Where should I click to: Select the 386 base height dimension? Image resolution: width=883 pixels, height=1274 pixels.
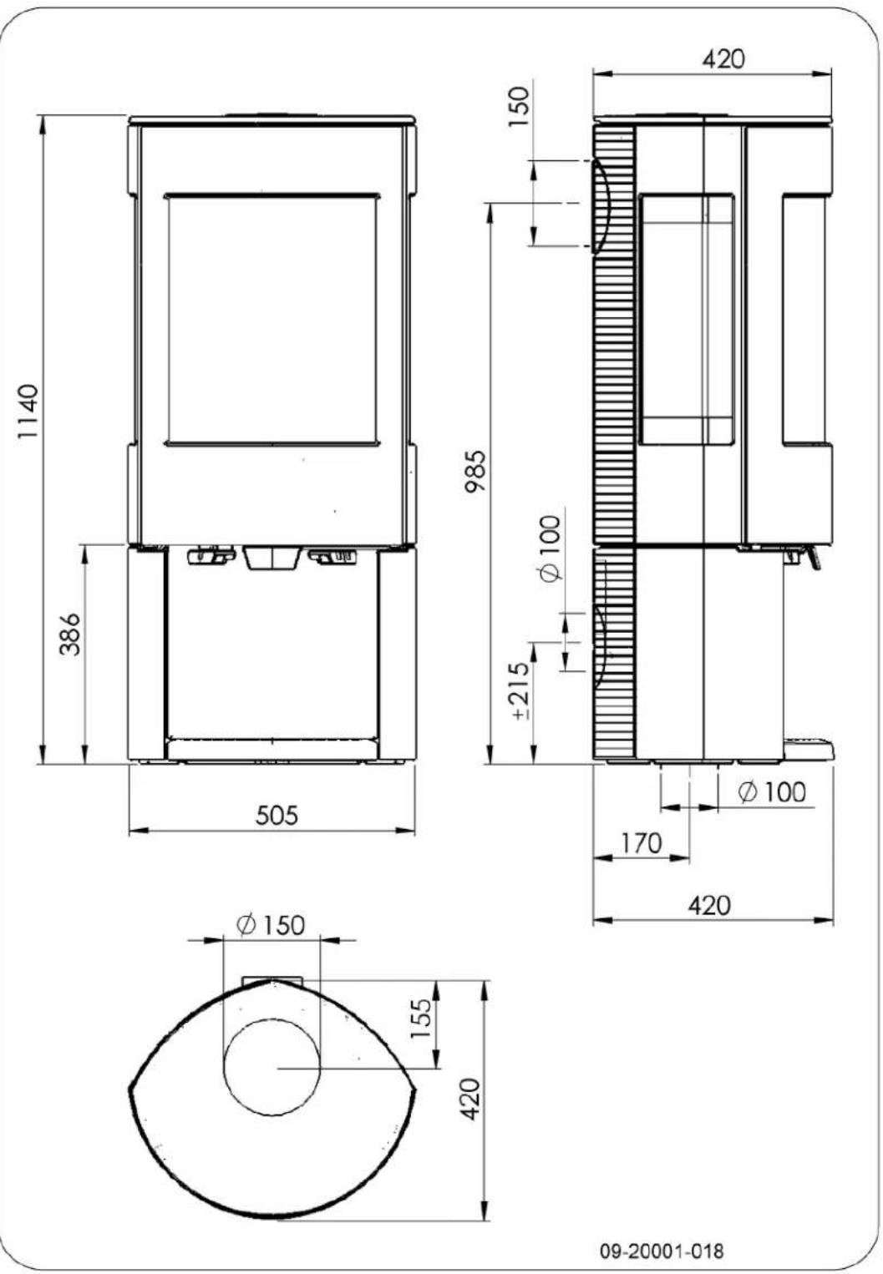(x=72, y=634)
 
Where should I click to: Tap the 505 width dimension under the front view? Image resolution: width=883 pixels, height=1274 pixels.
(x=277, y=814)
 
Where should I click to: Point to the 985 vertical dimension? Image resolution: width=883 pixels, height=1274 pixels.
(x=475, y=473)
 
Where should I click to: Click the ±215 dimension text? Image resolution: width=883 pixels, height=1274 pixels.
(x=520, y=691)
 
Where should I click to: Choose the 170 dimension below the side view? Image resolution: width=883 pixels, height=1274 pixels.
(x=641, y=843)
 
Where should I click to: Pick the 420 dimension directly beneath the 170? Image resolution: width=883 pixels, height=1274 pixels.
(x=709, y=905)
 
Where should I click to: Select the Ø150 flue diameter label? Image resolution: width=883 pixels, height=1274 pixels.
(x=271, y=925)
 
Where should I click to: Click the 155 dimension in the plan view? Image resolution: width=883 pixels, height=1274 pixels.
(x=423, y=1017)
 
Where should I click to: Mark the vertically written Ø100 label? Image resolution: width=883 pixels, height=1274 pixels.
(x=551, y=549)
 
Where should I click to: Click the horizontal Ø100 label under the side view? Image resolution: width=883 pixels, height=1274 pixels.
(x=773, y=791)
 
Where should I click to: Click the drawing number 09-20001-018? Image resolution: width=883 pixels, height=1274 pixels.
(x=662, y=1251)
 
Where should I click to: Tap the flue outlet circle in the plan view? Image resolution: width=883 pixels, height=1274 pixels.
(x=271, y=1068)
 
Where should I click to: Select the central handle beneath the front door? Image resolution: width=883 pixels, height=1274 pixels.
(x=271, y=558)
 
